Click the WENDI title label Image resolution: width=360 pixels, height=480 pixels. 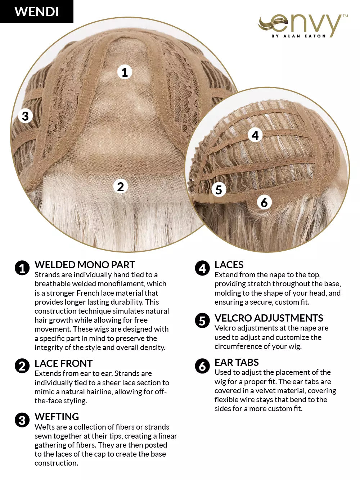(36, 12)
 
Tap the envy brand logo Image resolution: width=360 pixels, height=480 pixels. (303, 26)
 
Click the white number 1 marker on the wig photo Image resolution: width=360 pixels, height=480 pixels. (125, 72)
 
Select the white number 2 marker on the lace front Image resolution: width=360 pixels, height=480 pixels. (121, 187)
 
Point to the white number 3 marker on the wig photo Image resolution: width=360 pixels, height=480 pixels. (25, 116)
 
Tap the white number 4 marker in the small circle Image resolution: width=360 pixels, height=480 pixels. (255, 135)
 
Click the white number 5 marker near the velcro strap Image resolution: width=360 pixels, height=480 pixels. (219, 189)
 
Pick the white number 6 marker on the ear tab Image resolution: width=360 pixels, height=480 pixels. (264, 202)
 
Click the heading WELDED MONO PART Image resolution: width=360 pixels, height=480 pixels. (85, 265)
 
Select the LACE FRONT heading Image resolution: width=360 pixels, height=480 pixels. (64, 363)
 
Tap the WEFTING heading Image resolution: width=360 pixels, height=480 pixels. (57, 417)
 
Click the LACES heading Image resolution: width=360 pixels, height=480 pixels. (229, 265)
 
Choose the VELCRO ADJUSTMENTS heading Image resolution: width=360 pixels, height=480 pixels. (269, 318)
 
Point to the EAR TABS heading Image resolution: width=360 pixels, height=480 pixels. (237, 362)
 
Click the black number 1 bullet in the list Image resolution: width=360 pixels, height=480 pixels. (22, 268)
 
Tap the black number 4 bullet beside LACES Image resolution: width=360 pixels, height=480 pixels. (202, 268)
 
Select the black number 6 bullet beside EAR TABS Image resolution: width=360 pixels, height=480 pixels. (202, 366)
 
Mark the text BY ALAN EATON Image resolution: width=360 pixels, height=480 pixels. (298, 36)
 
